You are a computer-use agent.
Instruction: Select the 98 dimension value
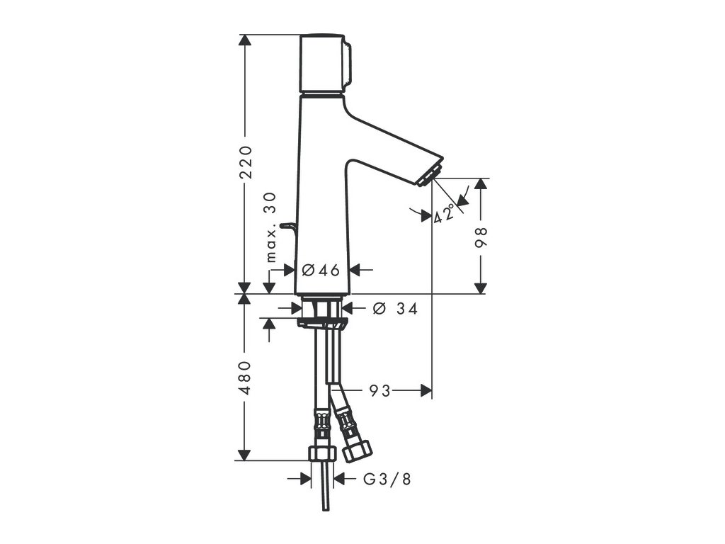click(481, 237)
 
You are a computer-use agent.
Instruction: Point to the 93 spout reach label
click(379, 390)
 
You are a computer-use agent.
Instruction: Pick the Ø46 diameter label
click(321, 270)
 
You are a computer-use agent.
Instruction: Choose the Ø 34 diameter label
click(394, 308)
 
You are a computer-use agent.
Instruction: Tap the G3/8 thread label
click(387, 479)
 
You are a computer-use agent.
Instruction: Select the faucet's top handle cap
click(326, 63)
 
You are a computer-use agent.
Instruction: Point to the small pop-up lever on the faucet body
click(287, 225)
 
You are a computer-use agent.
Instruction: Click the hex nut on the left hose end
click(323, 453)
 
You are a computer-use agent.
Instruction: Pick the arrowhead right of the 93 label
click(426, 390)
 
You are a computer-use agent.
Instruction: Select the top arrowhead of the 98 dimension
click(481, 183)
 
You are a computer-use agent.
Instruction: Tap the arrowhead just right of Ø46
click(355, 270)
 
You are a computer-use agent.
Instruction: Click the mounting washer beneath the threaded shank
click(322, 323)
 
